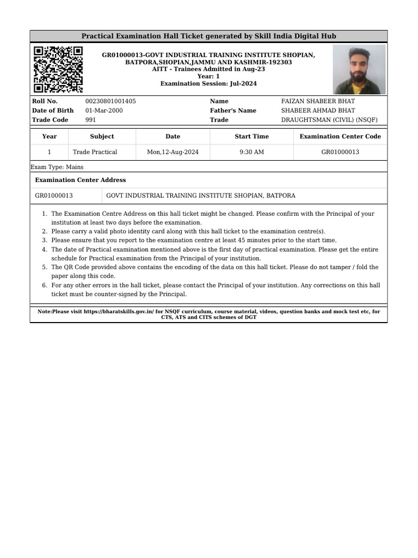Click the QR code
point(58,69)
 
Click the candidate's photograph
point(359,69)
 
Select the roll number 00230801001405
point(110,101)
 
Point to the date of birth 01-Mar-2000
point(104,111)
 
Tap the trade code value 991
point(91,120)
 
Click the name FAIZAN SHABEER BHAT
point(318,101)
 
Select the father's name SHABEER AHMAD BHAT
point(318,111)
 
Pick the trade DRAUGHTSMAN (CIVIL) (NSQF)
point(329,120)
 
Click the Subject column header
point(102,137)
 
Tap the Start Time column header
point(251,137)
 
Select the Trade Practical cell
point(95,152)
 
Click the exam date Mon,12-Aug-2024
point(173,152)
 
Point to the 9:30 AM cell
point(251,152)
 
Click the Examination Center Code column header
point(340,137)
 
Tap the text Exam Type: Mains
point(57,167)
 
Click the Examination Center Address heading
point(80,180)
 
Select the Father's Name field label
point(233,111)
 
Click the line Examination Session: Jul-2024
point(208,84)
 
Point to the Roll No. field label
point(45,101)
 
